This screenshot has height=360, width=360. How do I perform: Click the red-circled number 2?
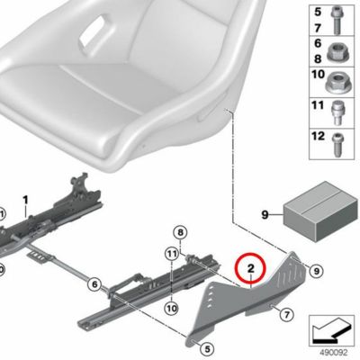(x=251, y=268)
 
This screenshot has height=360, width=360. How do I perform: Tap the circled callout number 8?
(x=180, y=232)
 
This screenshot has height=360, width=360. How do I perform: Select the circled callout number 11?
(x=172, y=255)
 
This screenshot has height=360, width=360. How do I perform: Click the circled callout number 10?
(x=172, y=308)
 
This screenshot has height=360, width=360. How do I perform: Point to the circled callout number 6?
(x=94, y=283)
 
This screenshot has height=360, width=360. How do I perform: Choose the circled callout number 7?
(x=286, y=315)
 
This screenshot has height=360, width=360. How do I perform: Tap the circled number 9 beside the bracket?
(x=316, y=271)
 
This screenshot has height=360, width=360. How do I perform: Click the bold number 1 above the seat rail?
(x=25, y=200)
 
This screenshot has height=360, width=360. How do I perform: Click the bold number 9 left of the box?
(x=265, y=215)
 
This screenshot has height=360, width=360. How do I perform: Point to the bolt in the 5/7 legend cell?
(x=335, y=21)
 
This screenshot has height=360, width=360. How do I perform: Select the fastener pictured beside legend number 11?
(x=337, y=113)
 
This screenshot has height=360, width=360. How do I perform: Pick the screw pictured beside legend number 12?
(x=336, y=145)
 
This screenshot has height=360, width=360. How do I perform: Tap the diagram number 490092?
(x=334, y=352)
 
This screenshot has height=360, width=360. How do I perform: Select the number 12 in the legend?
(x=319, y=136)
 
